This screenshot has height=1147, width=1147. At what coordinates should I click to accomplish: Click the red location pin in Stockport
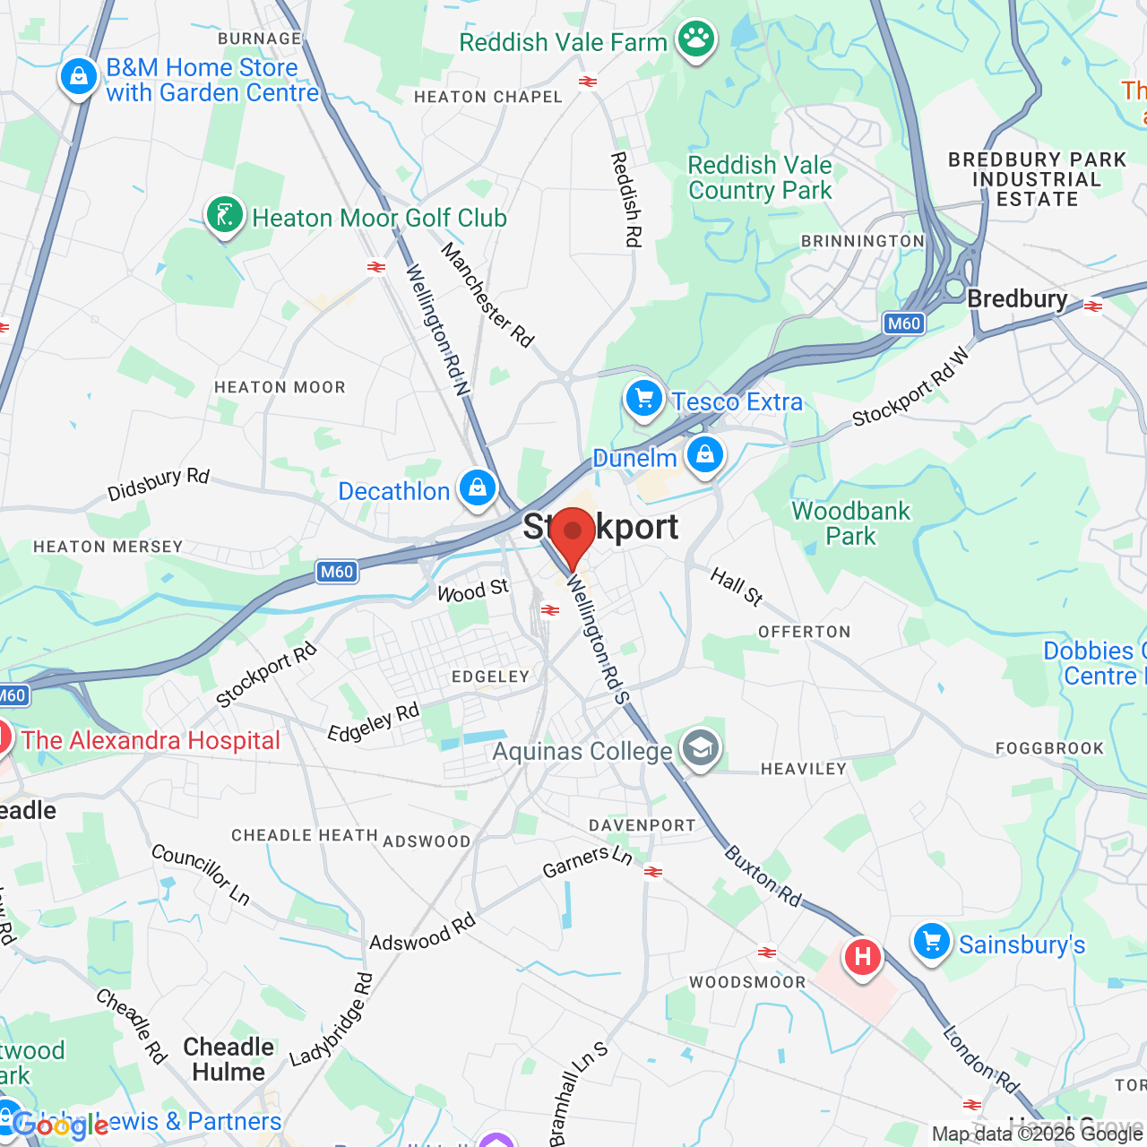coord(573,534)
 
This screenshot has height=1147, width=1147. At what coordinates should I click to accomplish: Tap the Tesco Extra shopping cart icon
coord(643,399)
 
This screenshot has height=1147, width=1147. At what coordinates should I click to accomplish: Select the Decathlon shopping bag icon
coord(478,488)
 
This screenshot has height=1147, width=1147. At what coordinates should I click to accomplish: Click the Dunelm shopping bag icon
coord(705,455)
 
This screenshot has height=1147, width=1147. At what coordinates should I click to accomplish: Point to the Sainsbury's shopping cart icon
coord(932,943)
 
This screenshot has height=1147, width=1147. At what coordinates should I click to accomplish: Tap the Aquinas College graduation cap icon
coord(700,748)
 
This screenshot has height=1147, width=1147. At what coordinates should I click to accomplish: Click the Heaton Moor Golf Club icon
coord(225,216)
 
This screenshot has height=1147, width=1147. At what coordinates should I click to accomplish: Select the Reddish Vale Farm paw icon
coord(696,39)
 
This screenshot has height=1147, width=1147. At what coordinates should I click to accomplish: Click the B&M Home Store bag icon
coord(79,77)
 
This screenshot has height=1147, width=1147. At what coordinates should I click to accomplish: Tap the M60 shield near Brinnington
coord(903,323)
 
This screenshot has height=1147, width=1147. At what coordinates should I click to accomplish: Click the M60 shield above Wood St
coord(337,572)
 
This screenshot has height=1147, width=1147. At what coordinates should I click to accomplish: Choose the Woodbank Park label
coord(850,523)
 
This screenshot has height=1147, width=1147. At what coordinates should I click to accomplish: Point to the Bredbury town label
coord(1017,298)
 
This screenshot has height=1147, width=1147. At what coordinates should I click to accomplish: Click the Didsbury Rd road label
coord(158,484)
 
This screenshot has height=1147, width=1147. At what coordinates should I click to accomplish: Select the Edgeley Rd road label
coord(373,722)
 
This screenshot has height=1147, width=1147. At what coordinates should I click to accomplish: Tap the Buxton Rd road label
coord(763,875)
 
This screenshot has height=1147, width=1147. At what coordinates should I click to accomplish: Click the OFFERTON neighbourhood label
coord(805,632)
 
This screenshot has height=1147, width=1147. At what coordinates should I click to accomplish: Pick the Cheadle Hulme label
coord(229,1059)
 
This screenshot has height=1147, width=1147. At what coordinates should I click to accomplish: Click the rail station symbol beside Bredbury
coord(1092,306)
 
